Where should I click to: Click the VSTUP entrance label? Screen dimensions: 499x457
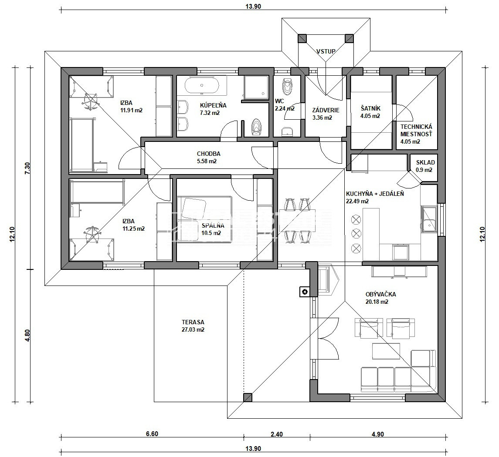(x=326, y=51)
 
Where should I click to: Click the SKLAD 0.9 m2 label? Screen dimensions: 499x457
(x=425, y=166)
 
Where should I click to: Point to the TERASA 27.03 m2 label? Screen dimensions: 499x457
(x=193, y=326)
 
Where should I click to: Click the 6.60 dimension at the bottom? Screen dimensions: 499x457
(x=152, y=434)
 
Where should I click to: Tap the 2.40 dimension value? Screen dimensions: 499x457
(x=277, y=434)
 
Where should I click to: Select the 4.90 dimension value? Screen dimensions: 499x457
(x=377, y=434)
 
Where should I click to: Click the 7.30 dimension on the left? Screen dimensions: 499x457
(x=27, y=168)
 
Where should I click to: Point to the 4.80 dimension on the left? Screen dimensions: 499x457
(x=27, y=335)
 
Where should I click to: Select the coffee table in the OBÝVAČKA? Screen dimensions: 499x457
(x=386, y=351)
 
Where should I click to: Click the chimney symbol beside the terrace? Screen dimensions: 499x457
(x=305, y=292)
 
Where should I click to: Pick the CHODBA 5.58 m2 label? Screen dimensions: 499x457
(x=208, y=157)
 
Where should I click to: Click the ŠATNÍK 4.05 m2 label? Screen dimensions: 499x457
(x=370, y=112)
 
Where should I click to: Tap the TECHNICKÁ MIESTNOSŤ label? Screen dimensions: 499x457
(x=416, y=130)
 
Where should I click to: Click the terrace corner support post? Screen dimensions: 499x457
(x=248, y=397)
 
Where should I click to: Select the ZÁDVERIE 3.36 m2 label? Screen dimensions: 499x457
(x=326, y=114)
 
